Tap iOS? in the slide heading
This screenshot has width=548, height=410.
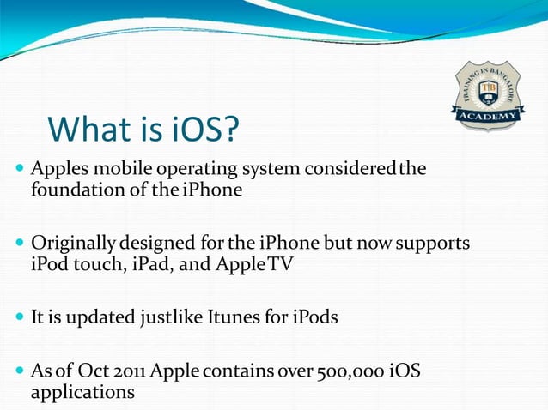[x=200, y=130]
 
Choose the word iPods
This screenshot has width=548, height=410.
[x=314, y=317]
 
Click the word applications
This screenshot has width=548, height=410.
[x=82, y=392]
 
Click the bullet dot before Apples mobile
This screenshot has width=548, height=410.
[x=20, y=168]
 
